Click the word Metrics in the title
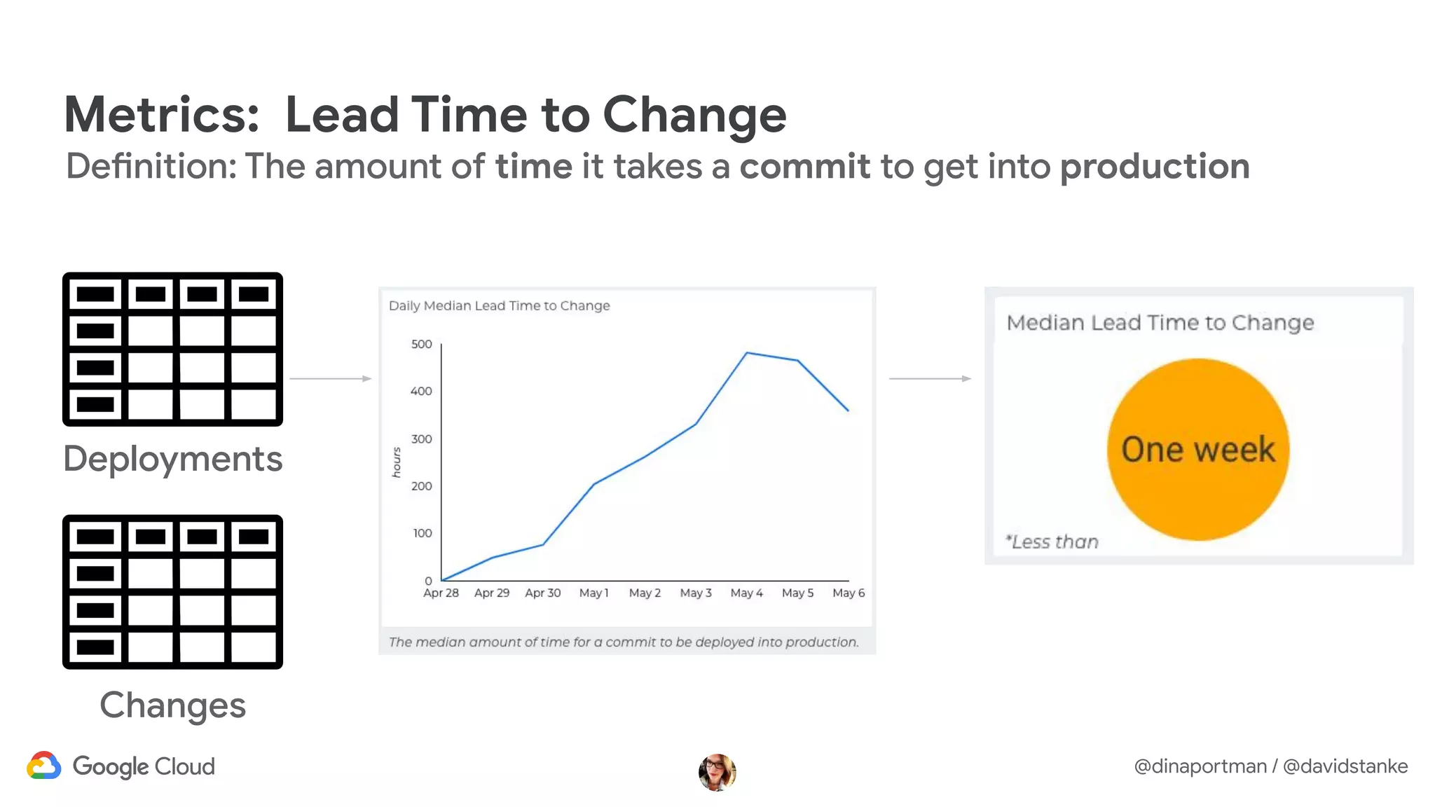(161, 114)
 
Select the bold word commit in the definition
(804, 167)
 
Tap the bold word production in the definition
(1154, 167)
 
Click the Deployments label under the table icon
(172, 460)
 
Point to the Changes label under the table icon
(172, 705)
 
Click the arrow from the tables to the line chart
(330, 378)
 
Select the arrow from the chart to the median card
(930, 378)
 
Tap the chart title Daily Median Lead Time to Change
(499, 305)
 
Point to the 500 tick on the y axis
(421, 344)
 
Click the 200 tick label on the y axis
(421, 486)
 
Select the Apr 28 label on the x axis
(441, 593)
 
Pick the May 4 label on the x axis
(746, 593)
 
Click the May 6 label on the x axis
(848, 593)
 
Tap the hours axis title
(397, 462)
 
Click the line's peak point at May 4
(747, 352)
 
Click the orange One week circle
(1197, 449)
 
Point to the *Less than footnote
(1052, 542)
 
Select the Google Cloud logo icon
(44, 766)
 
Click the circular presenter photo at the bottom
(717, 772)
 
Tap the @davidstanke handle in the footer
(1345, 766)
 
